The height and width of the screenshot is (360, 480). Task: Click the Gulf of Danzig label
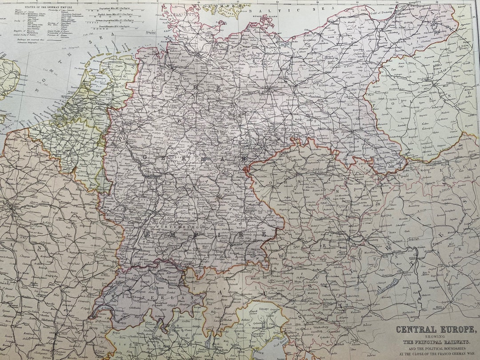point(364,16)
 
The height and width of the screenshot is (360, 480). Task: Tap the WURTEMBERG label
point(168,227)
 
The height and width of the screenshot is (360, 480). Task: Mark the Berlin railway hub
point(268,91)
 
